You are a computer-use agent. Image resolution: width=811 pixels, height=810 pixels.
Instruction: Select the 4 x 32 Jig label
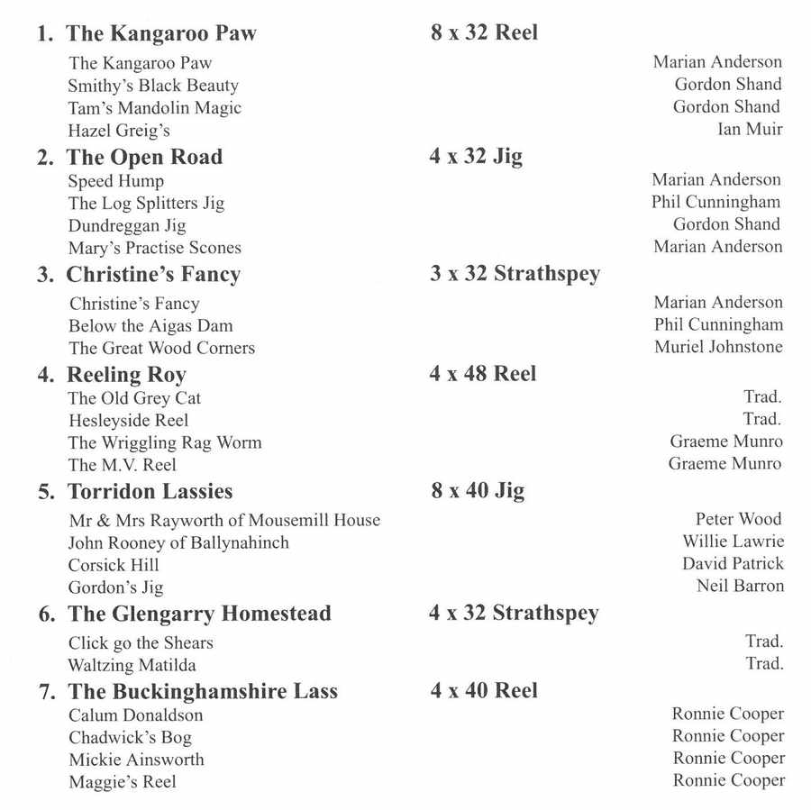476,157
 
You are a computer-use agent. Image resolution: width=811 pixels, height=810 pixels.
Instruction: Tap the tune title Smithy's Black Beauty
153,86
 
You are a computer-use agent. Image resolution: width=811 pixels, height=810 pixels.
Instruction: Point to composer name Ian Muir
750,129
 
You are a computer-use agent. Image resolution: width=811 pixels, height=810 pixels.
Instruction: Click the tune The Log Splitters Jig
146,203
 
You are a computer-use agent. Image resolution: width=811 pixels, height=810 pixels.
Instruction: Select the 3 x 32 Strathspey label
515,274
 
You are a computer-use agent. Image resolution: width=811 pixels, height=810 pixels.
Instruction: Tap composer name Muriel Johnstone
718,347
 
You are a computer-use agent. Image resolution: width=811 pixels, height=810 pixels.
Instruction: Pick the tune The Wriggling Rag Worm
165,442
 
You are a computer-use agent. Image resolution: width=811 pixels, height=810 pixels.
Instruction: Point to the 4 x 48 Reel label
482,374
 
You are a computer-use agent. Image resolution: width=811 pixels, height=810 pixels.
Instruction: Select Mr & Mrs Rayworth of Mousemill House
224,520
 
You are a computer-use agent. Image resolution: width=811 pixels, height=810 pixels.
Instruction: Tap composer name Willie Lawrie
733,542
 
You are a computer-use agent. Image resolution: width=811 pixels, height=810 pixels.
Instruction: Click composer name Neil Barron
740,586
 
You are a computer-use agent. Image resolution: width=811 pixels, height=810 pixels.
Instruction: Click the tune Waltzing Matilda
132,665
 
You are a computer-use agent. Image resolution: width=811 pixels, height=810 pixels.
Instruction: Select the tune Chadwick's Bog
130,737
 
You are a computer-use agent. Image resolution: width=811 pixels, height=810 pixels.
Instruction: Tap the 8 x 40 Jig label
478,491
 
